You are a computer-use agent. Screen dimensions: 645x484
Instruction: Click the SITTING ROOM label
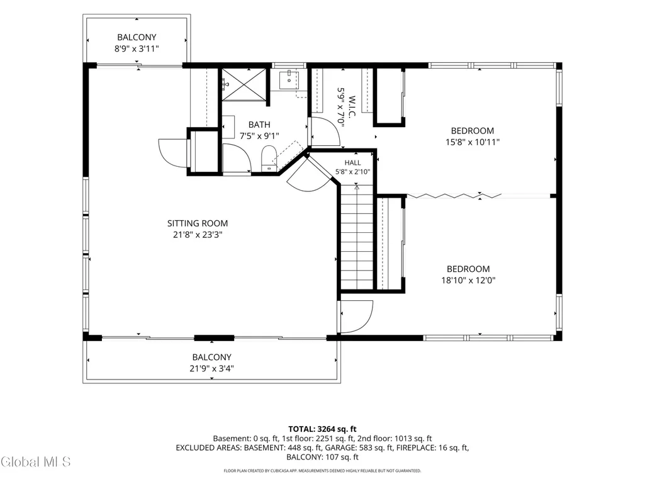198,223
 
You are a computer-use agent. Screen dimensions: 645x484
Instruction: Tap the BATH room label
259,125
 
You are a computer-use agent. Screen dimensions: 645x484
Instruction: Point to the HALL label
353,163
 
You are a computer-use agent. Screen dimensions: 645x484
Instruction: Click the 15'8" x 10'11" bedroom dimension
473,142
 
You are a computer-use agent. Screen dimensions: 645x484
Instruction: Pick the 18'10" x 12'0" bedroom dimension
469,281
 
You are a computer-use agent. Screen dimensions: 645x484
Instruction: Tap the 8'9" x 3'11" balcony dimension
137,49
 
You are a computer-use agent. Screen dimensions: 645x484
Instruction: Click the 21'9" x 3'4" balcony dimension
212,369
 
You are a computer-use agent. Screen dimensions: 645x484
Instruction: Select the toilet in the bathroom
269,158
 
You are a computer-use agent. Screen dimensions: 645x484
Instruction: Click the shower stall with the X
245,84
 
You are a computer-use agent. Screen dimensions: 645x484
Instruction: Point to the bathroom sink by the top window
289,80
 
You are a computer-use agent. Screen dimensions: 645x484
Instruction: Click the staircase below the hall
357,237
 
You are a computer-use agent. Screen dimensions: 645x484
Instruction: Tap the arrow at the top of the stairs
357,188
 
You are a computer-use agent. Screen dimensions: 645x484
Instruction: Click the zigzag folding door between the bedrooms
454,196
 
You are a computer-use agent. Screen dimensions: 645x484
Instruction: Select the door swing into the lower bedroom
357,317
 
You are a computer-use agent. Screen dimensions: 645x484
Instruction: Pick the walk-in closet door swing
325,132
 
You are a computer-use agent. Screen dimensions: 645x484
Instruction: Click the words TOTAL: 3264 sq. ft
322,429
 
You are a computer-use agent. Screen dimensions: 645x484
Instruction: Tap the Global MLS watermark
35,462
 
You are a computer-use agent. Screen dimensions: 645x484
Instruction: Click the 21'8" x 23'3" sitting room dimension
198,235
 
